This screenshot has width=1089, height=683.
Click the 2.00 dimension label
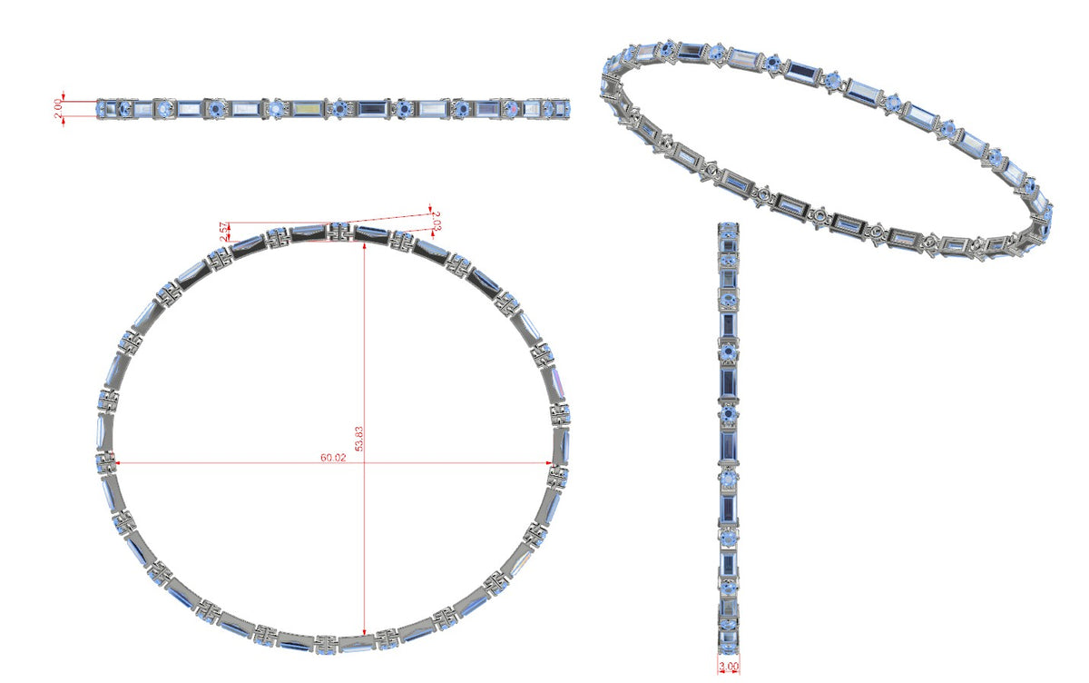[58, 108]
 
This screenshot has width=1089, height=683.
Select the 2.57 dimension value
[223, 232]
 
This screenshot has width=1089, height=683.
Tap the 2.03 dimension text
[437, 221]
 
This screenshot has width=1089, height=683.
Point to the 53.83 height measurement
[359, 439]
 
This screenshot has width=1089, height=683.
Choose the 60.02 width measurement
[333, 457]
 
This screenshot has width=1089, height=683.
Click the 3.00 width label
[729, 666]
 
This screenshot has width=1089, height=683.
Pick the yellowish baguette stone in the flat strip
[308, 108]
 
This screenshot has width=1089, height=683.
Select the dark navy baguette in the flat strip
[373, 108]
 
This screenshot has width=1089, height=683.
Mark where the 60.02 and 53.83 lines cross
[365, 462]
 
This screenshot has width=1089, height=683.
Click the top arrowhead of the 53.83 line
[365, 244]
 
